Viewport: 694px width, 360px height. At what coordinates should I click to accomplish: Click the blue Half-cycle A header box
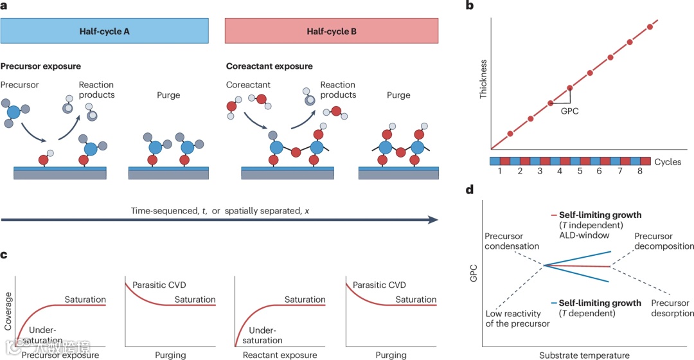pos(105,30)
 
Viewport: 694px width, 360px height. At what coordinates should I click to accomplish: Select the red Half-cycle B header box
pos(332,30)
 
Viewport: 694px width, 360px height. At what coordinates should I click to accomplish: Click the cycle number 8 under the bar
pos(640,172)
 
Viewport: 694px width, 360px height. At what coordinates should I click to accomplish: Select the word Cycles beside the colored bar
pos(668,161)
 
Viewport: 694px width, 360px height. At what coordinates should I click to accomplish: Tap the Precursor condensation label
pos(512,241)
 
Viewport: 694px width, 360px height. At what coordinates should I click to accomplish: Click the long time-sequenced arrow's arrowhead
pos(432,220)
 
